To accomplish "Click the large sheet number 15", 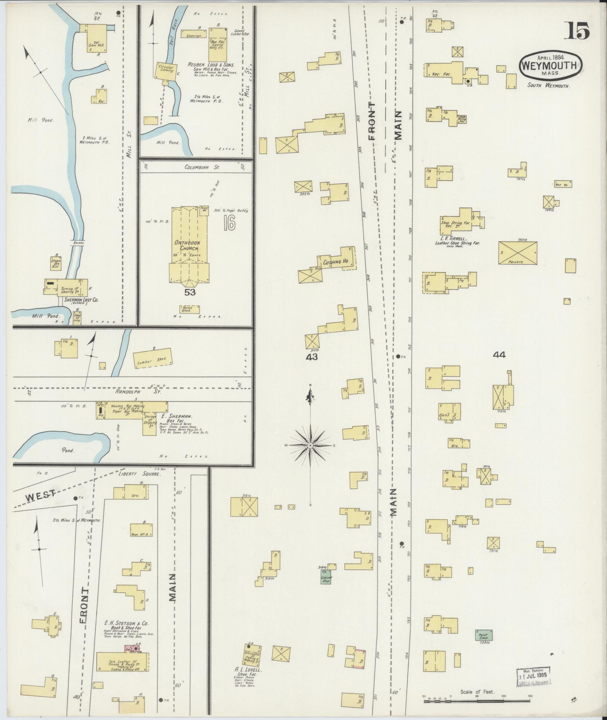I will [x=577, y=30].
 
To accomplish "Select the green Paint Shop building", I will [x=484, y=635].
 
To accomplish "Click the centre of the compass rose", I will [x=310, y=446].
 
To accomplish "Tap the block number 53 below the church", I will [x=190, y=292].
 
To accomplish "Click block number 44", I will [x=499, y=355].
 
